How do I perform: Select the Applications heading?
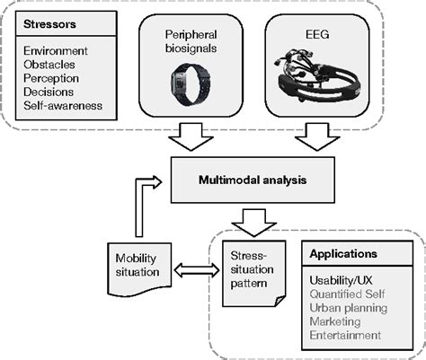(x=344, y=254)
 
